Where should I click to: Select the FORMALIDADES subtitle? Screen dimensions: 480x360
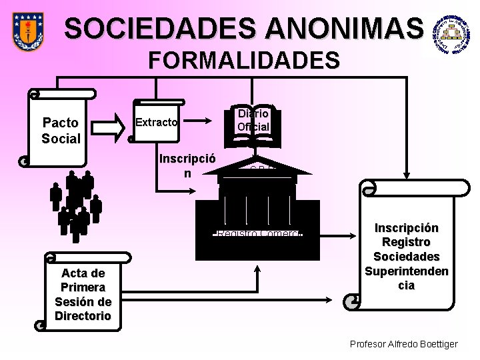pos(244,61)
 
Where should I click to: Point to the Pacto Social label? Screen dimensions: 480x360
pos(60,131)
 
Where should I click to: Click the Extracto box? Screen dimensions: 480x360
pos(157,122)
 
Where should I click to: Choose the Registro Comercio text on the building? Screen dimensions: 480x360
pos(260,233)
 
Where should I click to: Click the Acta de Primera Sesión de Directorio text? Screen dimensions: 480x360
pos(83,294)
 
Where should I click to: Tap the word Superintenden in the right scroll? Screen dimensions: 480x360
pos(407,271)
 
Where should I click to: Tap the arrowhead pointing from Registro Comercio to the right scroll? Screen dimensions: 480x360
pos(349,235)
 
